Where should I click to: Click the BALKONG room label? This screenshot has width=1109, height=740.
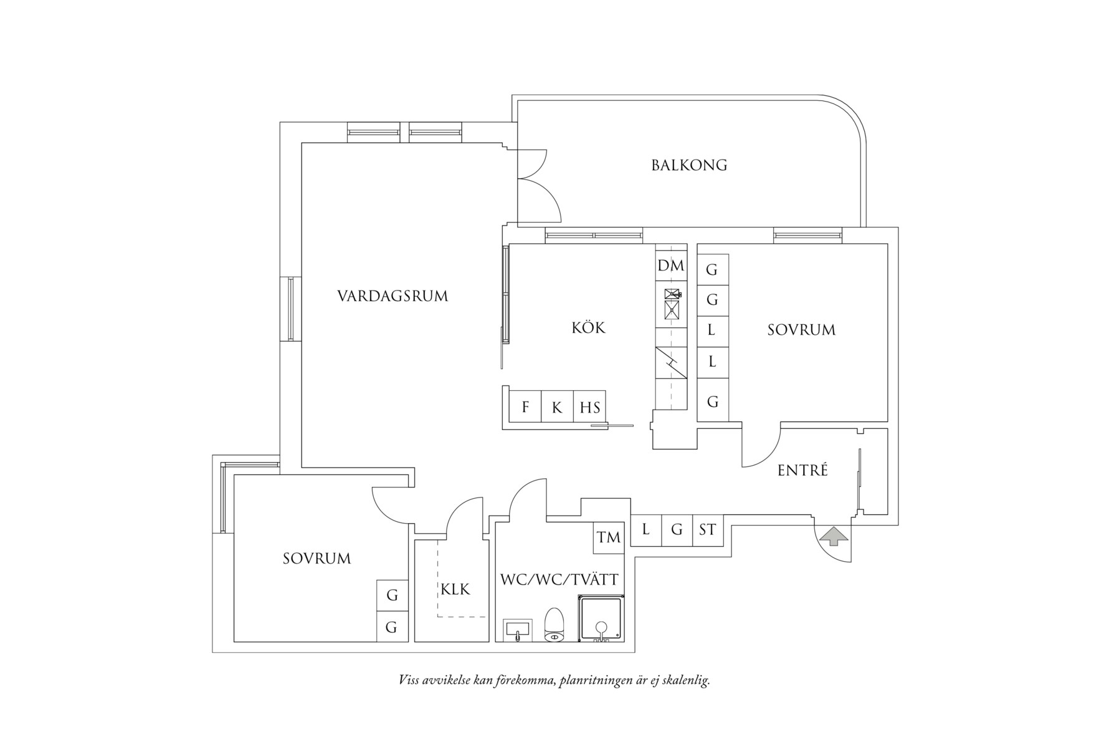[689, 165]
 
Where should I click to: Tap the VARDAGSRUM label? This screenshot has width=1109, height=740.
[393, 296]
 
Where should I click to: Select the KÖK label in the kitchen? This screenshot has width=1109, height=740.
[588, 327]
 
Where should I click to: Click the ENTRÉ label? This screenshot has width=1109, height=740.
[802, 471]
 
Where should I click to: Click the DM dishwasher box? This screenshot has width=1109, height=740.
[671, 266]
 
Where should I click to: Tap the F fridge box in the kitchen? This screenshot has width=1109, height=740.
[525, 408]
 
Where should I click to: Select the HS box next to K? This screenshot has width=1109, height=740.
[589, 408]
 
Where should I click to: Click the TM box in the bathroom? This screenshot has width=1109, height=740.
[608, 537]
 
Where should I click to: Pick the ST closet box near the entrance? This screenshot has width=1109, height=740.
[707, 530]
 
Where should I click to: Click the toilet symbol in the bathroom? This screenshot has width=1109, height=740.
[554, 625]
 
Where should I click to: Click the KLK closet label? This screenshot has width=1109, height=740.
[455, 589]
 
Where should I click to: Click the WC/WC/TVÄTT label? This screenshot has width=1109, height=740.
[559, 580]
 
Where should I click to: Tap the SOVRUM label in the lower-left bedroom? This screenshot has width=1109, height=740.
[317, 559]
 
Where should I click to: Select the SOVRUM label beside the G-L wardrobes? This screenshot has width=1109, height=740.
[801, 330]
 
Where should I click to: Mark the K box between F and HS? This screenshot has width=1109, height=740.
[557, 408]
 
